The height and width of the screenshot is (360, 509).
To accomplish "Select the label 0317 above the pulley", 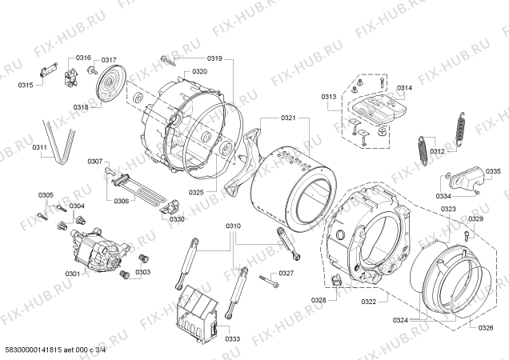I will click(x=108, y=60).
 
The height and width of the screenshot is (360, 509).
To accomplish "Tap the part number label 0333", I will click(x=233, y=339).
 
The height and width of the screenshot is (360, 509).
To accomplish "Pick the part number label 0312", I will click(x=437, y=151).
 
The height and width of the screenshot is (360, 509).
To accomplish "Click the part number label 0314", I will click(x=404, y=88).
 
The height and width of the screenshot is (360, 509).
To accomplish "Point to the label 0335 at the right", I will click(x=492, y=170).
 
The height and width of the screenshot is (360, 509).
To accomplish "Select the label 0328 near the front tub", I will click(x=319, y=300).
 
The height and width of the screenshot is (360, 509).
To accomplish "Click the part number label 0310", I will click(x=233, y=226).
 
